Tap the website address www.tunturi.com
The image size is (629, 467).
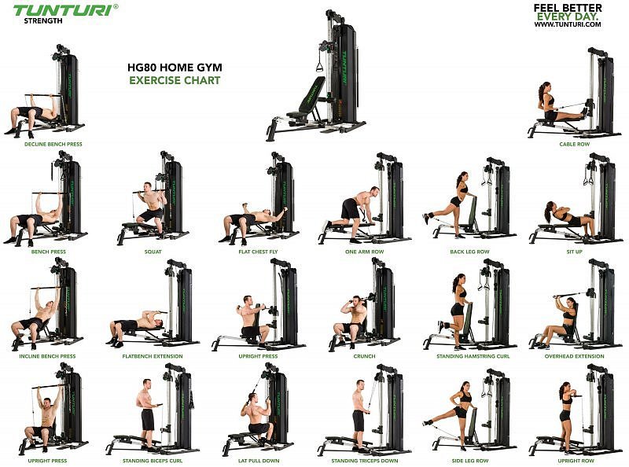coord(567,24)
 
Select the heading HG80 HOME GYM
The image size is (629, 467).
coord(175,68)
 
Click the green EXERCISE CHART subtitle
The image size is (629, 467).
coord(175,80)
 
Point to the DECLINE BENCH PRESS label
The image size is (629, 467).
coord(53,144)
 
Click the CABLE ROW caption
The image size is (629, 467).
coord(575,144)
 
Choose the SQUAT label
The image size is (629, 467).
coord(153,252)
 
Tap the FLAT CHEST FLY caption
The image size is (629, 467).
coord(258,252)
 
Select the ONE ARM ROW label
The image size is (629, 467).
coord(364,252)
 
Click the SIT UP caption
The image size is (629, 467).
coord(574,252)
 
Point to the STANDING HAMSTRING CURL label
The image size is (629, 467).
coord(473,356)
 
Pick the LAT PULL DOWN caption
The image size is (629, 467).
coord(259,461)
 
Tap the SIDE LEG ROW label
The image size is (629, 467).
coord(469,461)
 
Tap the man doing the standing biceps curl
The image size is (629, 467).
coord(148,414)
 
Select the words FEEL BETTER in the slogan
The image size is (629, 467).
coord(567,8)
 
